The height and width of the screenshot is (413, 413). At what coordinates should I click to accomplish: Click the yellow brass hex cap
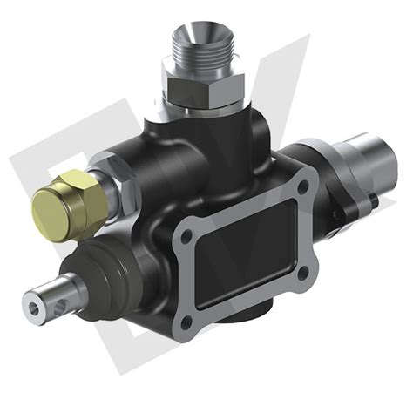click(70, 200)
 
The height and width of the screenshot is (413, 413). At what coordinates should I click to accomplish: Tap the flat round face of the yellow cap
click(50, 208)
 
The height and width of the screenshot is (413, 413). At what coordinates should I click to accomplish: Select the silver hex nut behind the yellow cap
click(112, 179)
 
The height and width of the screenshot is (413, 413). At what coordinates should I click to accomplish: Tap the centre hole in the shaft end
click(36, 304)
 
